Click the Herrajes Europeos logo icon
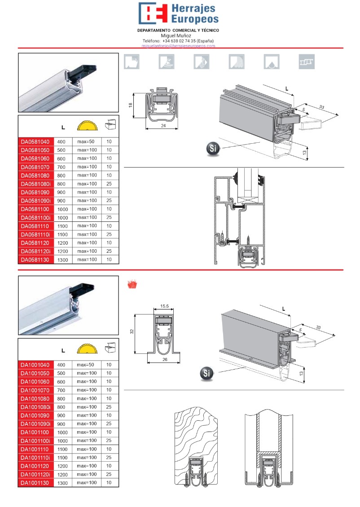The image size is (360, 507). (153, 13)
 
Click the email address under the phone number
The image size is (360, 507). (178, 46)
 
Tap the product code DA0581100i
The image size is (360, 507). (36, 217)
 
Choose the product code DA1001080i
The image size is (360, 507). (36, 407)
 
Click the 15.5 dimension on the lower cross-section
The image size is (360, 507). (164, 307)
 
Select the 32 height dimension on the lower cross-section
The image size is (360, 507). (132, 331)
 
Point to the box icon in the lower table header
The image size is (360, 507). (109, 347)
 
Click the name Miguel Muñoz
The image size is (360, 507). (176, 35)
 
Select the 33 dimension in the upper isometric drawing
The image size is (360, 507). (322, 107)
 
